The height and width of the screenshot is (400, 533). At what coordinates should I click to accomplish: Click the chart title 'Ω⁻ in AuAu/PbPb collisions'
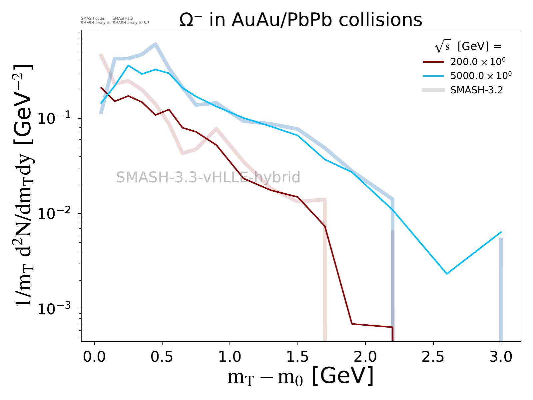point(301,20)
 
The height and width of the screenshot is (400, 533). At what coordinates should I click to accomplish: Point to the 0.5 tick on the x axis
point(162,357)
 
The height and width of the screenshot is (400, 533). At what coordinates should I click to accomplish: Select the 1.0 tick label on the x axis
point(230,357)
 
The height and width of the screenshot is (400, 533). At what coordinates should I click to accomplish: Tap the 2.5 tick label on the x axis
point(433,357)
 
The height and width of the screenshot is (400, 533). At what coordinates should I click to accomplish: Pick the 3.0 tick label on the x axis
point(501,357)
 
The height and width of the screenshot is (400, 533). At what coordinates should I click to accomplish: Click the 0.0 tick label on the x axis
point(95,357)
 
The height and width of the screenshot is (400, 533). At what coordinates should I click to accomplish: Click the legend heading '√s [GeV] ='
point(468,47)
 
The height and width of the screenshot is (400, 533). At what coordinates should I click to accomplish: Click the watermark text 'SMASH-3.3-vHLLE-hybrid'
point(208,177)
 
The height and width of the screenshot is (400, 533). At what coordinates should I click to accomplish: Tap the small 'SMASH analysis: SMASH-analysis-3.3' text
point(115,23)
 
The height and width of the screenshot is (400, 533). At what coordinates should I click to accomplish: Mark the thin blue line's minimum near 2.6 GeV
point(447,274)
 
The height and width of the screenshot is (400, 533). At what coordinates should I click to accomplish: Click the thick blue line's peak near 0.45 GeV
point(156,44)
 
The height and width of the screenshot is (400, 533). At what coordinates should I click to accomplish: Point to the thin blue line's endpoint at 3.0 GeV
point(501,232)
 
